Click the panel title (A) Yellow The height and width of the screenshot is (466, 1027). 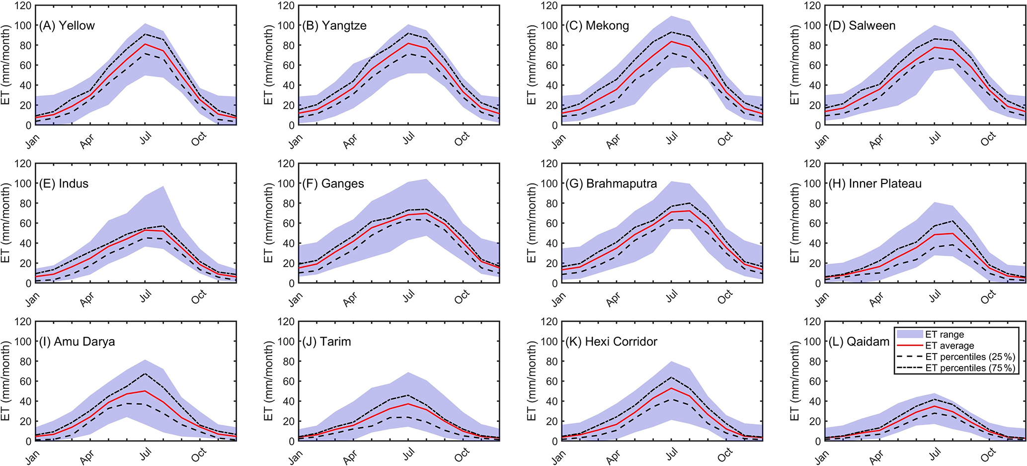pos(67,26)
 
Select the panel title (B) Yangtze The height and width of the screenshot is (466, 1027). pos(334,26)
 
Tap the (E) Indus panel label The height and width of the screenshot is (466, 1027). pos(64,184)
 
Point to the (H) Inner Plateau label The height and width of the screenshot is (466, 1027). pos(875,184)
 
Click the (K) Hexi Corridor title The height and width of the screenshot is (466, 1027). pos(611,342)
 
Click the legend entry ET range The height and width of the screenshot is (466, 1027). pos(945,335)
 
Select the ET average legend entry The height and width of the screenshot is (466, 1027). pos(949,346)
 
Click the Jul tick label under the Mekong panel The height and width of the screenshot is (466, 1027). pos(672,138)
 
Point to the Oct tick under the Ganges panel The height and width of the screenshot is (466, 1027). pos(462,297)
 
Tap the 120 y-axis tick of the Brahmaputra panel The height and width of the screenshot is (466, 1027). pos(549,164)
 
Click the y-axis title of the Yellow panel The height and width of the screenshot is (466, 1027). pos(6,65)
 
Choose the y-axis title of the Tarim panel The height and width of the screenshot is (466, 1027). pos(269,381)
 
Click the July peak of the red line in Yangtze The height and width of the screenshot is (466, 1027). pos(408,43)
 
